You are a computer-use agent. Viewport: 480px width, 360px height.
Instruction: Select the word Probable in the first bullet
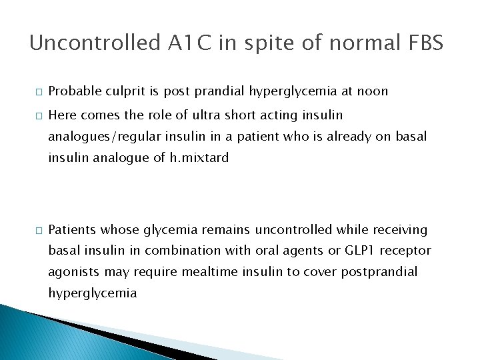coord(72,91)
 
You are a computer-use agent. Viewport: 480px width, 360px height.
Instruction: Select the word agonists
coord(72,272)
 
